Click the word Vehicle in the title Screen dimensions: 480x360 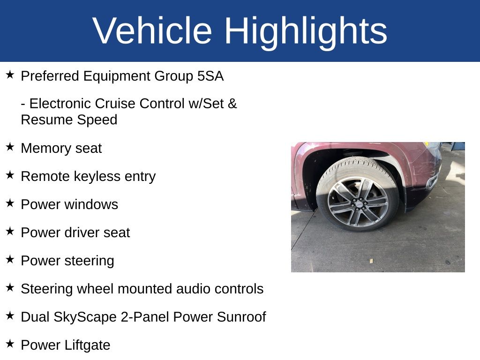tap(152, 30)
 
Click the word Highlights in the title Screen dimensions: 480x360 tap(306, 33)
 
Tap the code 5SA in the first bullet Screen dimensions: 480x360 tap(210, 76)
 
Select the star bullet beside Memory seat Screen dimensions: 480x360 tap(10, 147)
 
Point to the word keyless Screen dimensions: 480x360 tap(97, 177)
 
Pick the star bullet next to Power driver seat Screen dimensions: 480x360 tap(10, 231)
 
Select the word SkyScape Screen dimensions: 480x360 tap(85, 317)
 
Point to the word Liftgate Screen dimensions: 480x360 tap(87, 345)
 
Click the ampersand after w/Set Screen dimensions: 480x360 tap(232, 104)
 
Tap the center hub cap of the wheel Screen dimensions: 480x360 tap(358, 203)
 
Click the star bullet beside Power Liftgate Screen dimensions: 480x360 tap(10, 344)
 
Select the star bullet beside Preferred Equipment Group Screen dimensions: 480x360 tap(10, 75)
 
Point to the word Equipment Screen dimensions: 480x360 tap(117, 76)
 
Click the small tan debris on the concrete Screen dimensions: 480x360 tap(371, 261)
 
